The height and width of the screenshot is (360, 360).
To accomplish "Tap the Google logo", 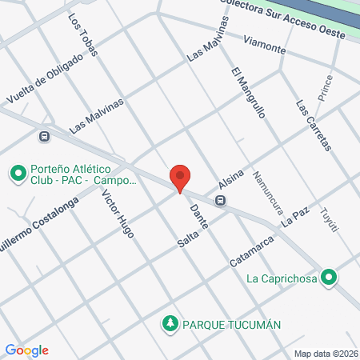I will coord(27,350).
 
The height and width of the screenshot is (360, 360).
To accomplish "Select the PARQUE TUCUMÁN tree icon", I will coord(170,324).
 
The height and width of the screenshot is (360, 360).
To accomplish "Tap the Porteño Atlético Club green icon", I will coord(17,172).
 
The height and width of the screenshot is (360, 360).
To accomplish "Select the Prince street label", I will coord(325,89).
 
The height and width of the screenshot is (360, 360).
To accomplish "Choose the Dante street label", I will coord(199,218).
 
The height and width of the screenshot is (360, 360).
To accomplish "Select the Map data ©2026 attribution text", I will coord(325,353).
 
